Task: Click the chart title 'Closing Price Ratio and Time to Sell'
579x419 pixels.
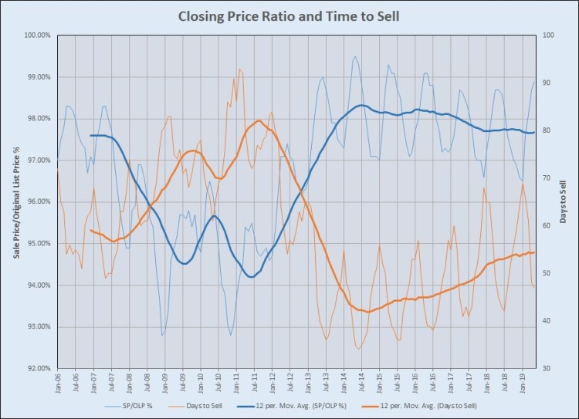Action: tap(289, 15)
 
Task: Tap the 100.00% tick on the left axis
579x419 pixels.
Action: tap(37, 35)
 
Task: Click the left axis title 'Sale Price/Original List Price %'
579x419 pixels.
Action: tap(15, 202)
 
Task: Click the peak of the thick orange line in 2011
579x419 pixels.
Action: tap(258, 120)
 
